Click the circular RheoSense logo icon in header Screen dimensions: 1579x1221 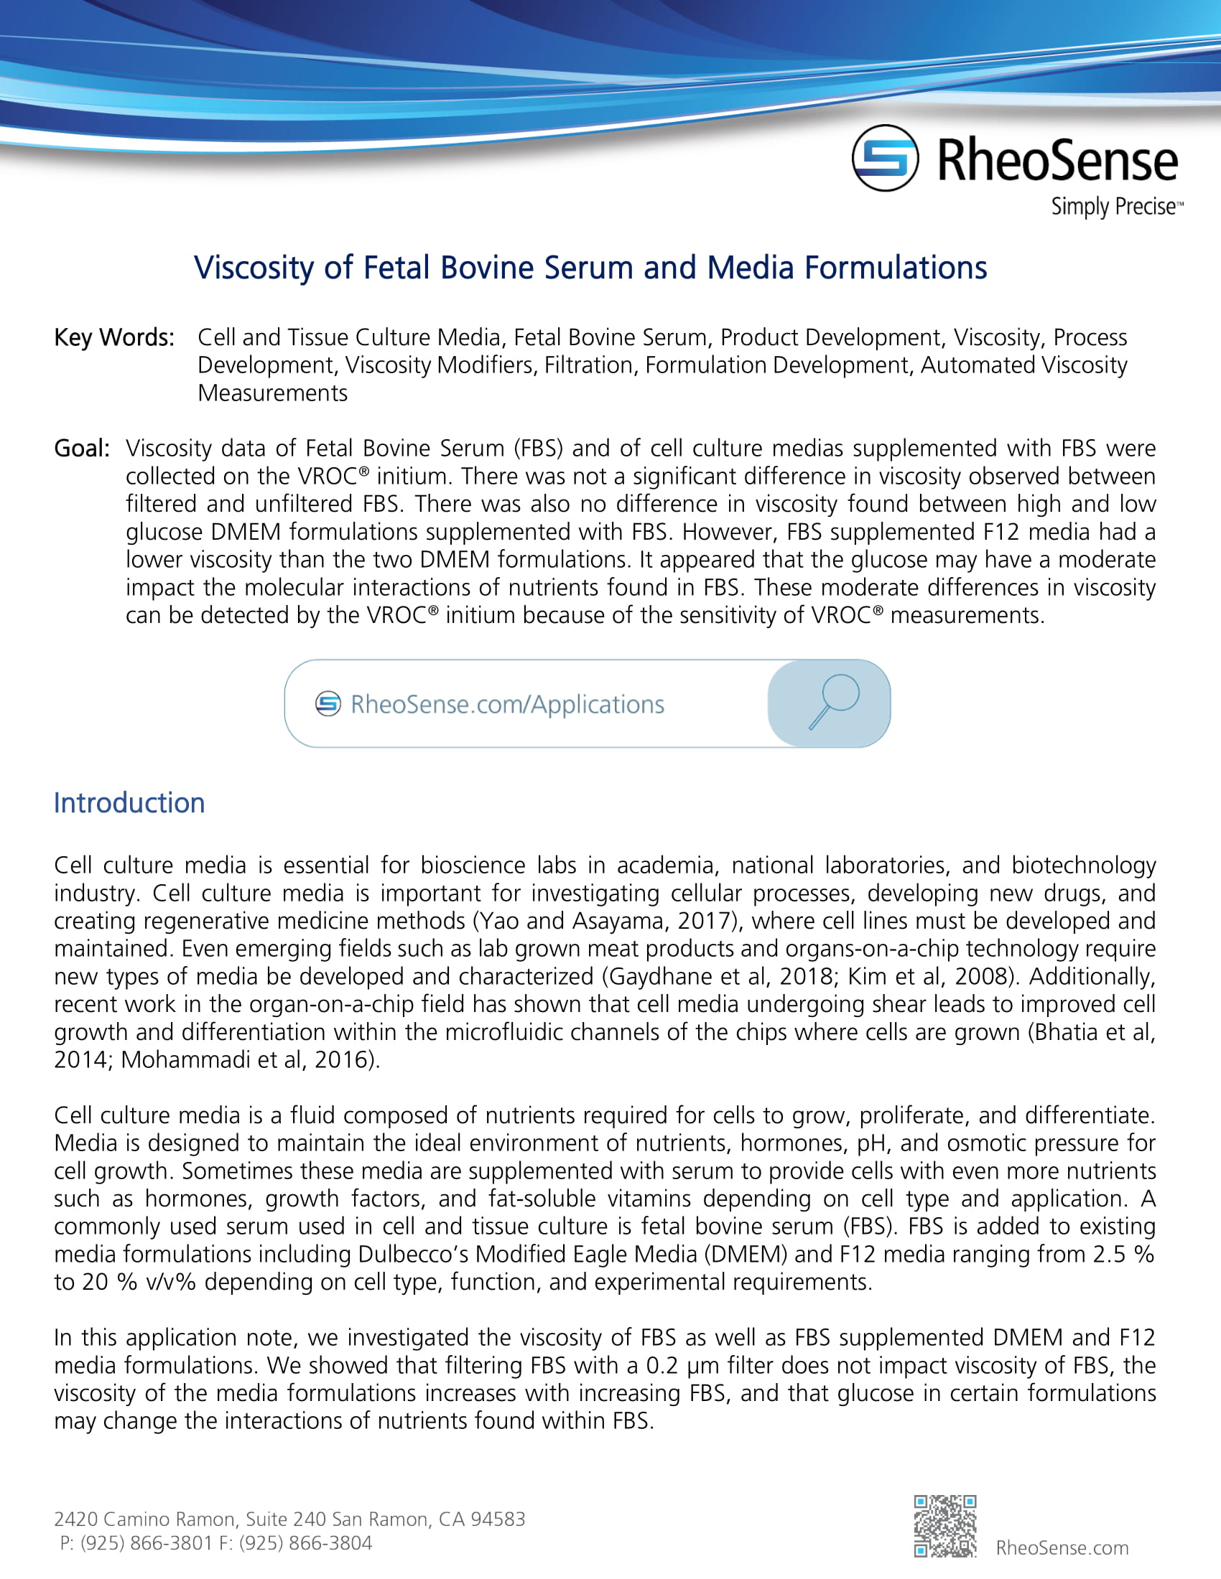point(884,158)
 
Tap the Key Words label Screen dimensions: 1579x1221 point(114,337)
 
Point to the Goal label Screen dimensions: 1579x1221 point(81,449)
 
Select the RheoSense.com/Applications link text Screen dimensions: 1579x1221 point(507,704)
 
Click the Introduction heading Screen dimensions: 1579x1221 point(129,803)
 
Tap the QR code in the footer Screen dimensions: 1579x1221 point(944,1525)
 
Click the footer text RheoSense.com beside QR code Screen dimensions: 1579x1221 point(1061,1547)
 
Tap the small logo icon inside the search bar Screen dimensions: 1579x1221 point(328,703)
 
